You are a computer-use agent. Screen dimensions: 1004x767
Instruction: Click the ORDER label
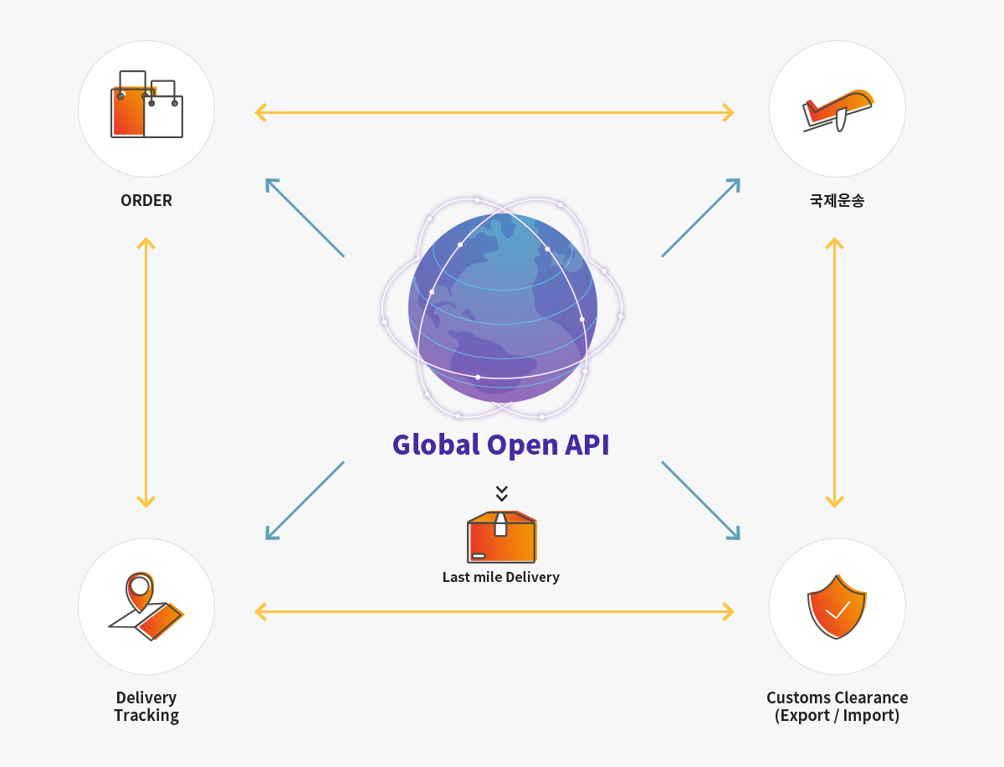(x=146, y=200)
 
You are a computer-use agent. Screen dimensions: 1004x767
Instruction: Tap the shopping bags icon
(x=146, y=105)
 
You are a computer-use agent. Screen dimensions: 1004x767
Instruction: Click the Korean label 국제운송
(x=837, y=200)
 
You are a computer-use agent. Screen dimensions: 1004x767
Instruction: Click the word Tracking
(x=146, y=716)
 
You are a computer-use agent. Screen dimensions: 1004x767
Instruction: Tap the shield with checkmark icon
(x=837, y=606)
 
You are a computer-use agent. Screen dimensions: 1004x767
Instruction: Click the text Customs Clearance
(x=837, y=698)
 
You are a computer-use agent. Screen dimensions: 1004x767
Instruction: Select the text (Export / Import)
(x=837, y=715)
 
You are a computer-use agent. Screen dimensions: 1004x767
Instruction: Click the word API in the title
(x=587, y=445)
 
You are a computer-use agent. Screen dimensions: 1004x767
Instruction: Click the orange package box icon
(x=502, y=537)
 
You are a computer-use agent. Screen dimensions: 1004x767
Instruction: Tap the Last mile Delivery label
(x=501, y=577)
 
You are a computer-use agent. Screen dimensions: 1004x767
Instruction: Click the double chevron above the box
(x=502, y=493)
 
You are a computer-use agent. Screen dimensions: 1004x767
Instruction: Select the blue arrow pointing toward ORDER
(x=305, y=218)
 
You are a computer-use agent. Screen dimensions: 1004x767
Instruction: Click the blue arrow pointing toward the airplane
(x=701, y=218)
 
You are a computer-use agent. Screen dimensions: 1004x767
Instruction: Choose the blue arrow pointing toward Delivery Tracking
(x=305, y=501)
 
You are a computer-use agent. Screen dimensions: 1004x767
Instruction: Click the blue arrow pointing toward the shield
(x=701, y=501)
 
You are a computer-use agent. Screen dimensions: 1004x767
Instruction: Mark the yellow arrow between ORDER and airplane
(x=494, y=112)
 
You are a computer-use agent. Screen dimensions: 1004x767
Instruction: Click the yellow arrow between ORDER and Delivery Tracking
(x=146, y=373)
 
